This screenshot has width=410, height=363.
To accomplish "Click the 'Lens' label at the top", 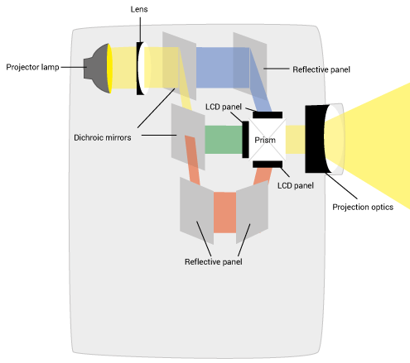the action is tap(139, 9).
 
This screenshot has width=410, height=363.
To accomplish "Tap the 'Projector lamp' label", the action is tap(32, 67).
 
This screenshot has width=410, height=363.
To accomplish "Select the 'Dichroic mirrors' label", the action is tap(103, 137).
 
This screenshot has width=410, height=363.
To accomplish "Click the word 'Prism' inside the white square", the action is tap(265, 140).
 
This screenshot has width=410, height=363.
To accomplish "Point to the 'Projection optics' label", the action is tap(363, 207).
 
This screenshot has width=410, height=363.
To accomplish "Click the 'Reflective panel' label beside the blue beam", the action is tap(321, 69).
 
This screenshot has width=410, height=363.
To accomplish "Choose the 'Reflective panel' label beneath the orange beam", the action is tap(214, 261).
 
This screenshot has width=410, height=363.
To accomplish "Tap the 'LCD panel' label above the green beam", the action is tap(224, 107).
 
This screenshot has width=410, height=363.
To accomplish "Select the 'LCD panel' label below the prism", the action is tap(296, 185).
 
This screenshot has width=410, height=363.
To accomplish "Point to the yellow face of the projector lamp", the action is tap(109, 69).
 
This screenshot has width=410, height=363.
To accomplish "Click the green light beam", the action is tap(224, 140).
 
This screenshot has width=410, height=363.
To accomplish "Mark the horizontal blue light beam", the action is tap(223, 68).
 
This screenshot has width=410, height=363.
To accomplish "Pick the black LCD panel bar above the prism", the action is tap(268, 115).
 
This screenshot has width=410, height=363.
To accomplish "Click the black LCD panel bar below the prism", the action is tap(268, 165).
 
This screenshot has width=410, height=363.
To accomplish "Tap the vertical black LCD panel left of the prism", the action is tap(245, 140).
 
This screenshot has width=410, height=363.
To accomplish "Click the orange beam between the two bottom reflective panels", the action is tap(224, 213).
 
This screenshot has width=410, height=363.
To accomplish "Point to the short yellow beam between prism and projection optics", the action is tap(295, 140).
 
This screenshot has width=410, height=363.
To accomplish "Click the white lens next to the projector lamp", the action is tap(144, 69).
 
